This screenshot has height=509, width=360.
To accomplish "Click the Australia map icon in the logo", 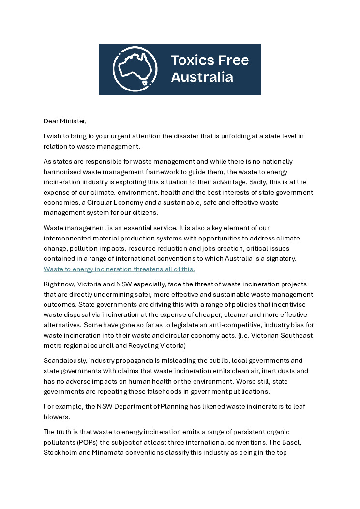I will pos(135,69).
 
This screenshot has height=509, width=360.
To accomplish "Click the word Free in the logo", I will pos(233,60).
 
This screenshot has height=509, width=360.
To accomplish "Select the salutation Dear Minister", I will pos(65,121).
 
